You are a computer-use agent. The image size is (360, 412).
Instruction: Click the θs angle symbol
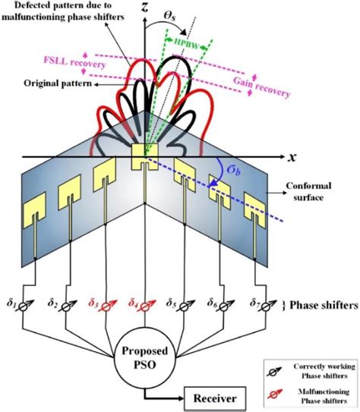(x=188, y=24)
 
